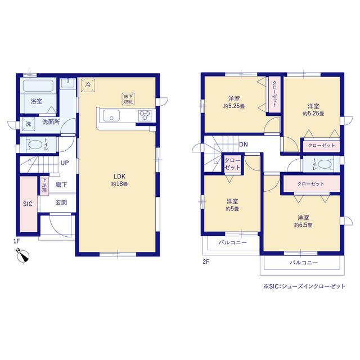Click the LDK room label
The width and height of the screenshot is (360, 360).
[119, 176]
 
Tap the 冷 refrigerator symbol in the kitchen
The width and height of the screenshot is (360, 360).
[88, 85]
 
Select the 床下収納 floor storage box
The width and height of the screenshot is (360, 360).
[128, 99]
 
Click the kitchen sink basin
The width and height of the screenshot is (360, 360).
[111, 115]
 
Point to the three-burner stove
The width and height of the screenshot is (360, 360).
[145, 115]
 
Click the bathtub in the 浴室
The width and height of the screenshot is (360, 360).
[38, 85]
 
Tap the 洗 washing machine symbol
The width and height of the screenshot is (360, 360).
[29, 124]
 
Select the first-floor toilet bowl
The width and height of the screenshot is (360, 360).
[34, 145]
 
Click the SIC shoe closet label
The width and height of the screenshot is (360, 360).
[28, 204]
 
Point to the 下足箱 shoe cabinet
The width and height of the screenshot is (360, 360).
[44, 186]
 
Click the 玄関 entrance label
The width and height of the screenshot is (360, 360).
[61, 202]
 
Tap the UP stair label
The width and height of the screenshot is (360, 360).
[65, 163]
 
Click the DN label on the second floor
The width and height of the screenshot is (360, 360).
[244, 145]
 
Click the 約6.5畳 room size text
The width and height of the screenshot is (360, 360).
[303, 225]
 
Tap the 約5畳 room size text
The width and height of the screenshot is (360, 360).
[232, 209]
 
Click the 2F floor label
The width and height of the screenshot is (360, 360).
[206, 262]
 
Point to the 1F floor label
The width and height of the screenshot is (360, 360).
[17, 241]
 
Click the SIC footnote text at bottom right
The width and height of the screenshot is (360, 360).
[304, 286]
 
